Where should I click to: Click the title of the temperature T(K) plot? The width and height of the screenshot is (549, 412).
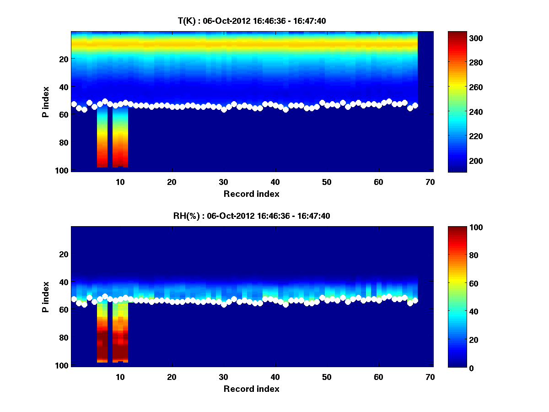[252, 21]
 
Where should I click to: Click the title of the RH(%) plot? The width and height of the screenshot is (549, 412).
[252, 216]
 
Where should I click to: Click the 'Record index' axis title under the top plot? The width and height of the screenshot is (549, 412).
[252, 194]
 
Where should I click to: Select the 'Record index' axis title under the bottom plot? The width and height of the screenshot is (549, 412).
[252, 389]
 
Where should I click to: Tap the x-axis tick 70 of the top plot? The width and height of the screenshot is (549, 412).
[430, 182]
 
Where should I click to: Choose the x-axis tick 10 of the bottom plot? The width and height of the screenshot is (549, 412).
[120, 377]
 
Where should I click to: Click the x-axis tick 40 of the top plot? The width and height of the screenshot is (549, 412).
[275, 182]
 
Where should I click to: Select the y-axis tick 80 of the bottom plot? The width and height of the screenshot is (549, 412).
[64, 338]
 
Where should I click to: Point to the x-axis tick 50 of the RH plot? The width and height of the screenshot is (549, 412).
[327, 377]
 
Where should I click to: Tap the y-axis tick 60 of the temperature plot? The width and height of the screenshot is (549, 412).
[64, 114]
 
